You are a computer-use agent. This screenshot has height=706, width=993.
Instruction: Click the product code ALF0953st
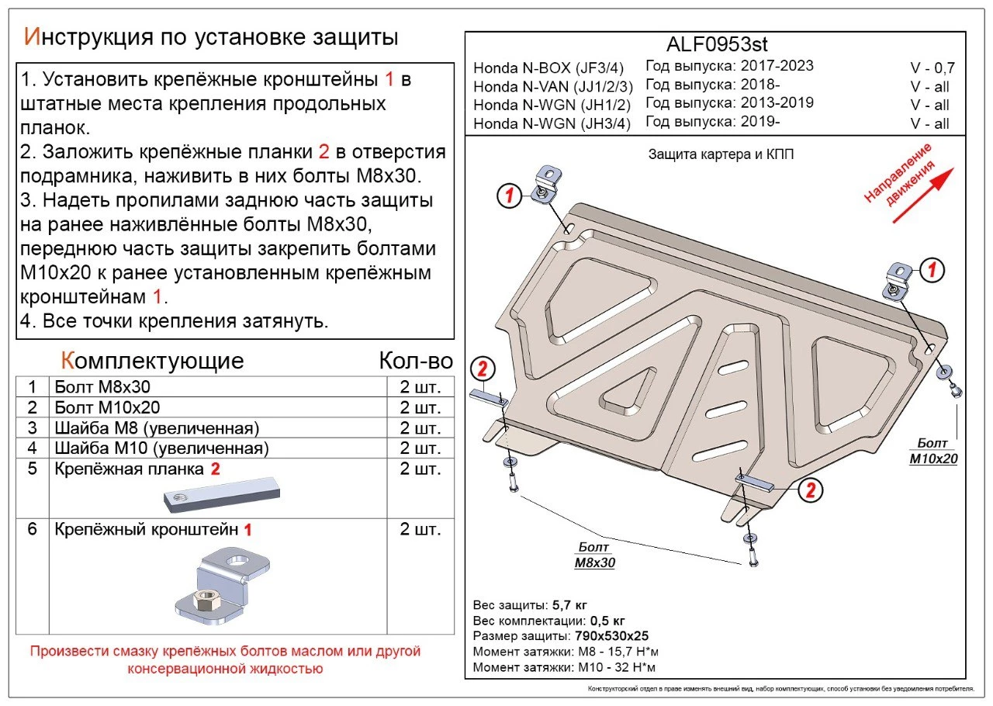[716, 44]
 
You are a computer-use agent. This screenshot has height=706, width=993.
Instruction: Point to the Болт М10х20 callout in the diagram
[933, 451]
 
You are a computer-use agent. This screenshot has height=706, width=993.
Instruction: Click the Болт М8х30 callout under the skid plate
[594, 555]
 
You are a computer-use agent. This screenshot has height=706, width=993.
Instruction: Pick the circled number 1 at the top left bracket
[508, 196]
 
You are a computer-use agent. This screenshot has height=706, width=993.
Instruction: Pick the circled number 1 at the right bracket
[932, 270]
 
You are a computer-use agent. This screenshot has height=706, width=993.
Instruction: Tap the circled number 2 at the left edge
[483, 369]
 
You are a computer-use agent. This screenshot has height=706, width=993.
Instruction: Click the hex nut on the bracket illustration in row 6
[207, 599]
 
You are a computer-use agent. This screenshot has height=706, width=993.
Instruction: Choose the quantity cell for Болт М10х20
[420, 407]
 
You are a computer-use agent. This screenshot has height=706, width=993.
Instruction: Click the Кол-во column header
[415, 361]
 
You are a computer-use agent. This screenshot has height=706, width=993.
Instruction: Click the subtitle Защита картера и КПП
[721, 154]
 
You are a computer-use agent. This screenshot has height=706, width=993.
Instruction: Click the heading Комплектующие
[152, 361]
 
